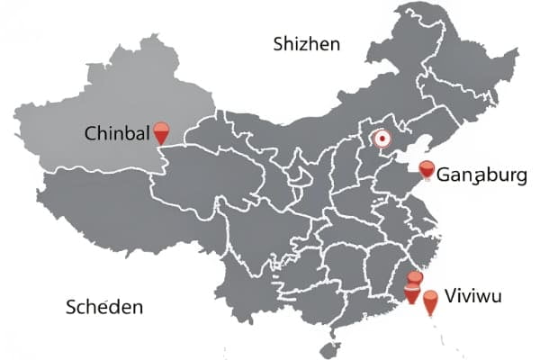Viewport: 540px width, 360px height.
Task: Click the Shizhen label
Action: click(307, 43)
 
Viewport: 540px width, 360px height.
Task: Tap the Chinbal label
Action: click(116, 134)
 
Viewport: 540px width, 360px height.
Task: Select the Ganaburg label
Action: click(482, 175)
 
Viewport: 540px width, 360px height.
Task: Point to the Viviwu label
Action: click(474, 296)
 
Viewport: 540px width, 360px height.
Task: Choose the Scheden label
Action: click(104, 308)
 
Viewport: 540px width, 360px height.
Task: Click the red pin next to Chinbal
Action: click(162, 133)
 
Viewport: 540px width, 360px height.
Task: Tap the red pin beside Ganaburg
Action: click(427, 169)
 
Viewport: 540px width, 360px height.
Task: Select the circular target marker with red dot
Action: click(381, 139)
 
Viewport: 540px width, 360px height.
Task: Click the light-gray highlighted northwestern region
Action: click(99, 99)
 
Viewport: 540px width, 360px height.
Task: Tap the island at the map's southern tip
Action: click(332, 349)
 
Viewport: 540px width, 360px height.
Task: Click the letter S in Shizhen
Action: click(279, 44)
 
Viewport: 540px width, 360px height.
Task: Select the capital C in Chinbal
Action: click(90, 134)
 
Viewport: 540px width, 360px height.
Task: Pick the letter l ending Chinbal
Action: click(146, 133)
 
